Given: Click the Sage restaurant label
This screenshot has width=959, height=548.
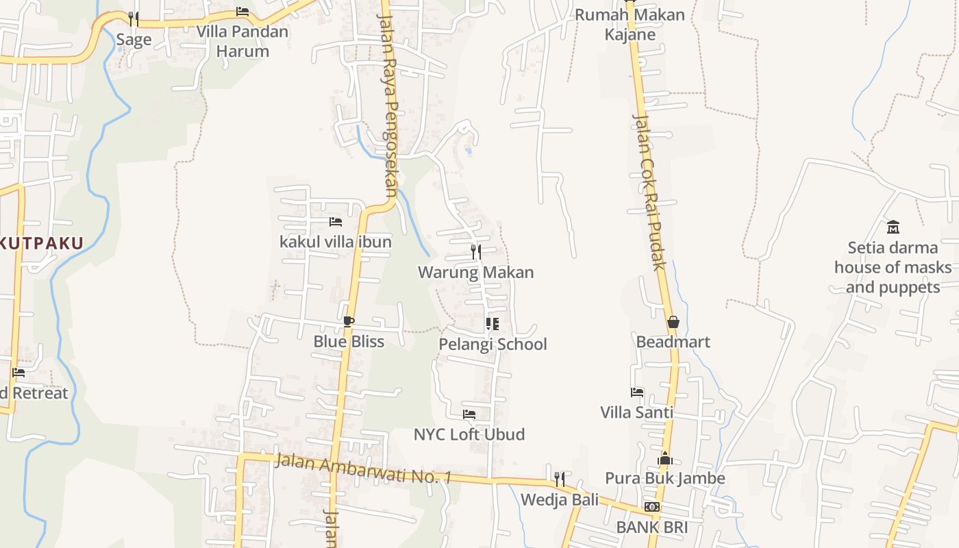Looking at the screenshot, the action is (134, 40).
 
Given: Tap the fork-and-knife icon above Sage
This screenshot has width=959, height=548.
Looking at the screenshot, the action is (134, 18).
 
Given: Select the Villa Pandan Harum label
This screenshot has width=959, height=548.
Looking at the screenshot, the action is (242, 41).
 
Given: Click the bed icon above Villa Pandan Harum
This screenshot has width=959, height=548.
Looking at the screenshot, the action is (242, 12).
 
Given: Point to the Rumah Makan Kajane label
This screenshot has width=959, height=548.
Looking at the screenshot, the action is (630, 25).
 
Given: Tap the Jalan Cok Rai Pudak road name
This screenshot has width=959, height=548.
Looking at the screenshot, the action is (649, 192).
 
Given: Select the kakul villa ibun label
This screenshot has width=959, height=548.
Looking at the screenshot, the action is (336, 242).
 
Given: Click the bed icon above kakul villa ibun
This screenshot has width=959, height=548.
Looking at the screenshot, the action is (336, 221).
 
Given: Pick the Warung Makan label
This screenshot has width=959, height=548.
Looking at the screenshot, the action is (476, 272).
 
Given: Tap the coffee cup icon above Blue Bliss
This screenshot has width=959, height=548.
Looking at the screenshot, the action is (349, 321).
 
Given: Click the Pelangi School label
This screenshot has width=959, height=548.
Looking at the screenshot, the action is (493, 344).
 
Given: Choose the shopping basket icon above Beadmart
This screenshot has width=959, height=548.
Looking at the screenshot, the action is (673, 321).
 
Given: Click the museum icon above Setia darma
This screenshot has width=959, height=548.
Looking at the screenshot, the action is (893, 227).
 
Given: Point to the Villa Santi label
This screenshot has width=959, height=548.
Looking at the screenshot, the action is (637, 412).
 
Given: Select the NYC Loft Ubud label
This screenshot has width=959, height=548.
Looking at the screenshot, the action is (469, 434).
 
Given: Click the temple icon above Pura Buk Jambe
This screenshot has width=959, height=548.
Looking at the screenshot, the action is (665, 458).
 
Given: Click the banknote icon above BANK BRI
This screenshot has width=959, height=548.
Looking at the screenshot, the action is (652, 507).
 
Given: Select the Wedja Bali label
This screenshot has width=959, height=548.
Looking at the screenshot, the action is (560, 499).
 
